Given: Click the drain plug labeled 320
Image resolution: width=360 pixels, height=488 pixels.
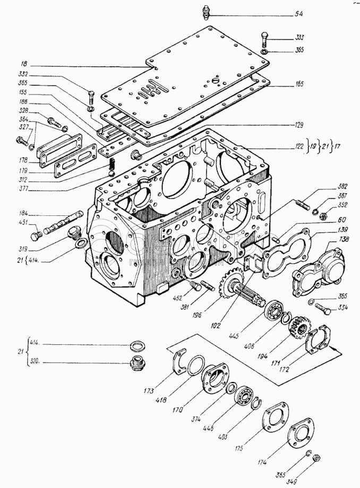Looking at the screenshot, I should (x=138, y=365).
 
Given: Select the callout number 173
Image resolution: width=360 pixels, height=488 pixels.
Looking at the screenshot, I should (x=148, y=390).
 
